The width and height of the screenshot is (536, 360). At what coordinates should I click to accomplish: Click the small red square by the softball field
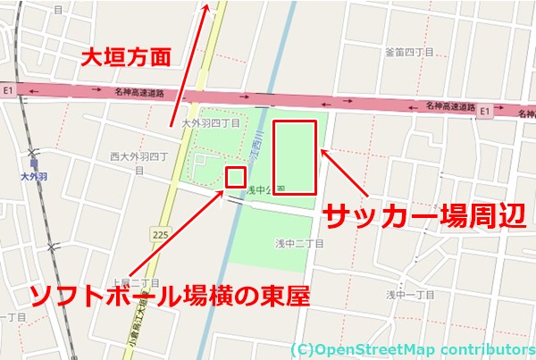tap(236, 176)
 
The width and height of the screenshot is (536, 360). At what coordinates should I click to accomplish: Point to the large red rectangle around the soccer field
tap(295, 157)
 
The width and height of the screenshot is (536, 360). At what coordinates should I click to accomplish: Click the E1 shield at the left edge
tap(9, 90)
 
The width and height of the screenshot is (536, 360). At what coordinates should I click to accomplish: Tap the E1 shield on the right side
tap(485, 110)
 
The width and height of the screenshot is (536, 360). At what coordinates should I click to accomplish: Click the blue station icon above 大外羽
tap(34, 163)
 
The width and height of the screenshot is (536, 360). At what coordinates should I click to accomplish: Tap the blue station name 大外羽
tap(33, 178)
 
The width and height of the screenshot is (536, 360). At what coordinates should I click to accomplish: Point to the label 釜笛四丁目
tap(409, 53)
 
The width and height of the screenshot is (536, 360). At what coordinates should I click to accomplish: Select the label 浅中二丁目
tap(299, 242)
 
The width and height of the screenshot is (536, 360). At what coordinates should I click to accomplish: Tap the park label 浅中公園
tap(265, 189)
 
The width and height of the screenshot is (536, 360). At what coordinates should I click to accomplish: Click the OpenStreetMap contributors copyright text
tap(412, 348)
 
